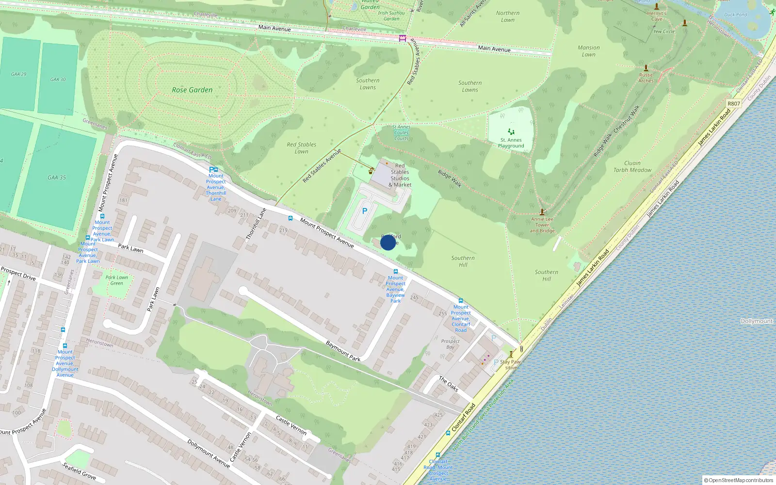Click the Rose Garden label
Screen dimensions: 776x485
pyautogui.click(x=192, y=90)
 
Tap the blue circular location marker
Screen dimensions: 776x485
pyautogui.click(x=388, y=242)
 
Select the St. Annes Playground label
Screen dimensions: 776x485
pyautogui.click(x=511, y=143)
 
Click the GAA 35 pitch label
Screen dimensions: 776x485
pyautogui.click(x=57, y=178)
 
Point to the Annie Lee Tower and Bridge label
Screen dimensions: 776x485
pyautogui.click(x=542, y=225)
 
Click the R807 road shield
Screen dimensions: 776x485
pyautogui.click(x=734, y=103)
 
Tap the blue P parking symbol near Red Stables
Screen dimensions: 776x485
pyautogui.click(x=365, y=211)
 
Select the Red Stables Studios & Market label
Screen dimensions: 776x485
pyautogui.click(x=400, y=175)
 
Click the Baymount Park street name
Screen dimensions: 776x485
pyautogui.click(x=343, y=351)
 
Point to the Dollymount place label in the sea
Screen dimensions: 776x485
pyautogui.click(x=757, y=321)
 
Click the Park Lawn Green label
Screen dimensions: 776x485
pyautogui.click(x=116, y=280)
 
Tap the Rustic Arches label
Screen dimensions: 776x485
pyautogui.click(x=646, y=78)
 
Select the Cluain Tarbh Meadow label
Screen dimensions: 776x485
pyautogui.click(x=632, y=166)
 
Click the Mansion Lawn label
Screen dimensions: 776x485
pyautogui.click(x=589, y=51)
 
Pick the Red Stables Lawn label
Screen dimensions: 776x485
pyautogui.click(x=301, y=148)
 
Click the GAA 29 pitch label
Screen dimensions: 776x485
pyautogui.click(x=19, y=74)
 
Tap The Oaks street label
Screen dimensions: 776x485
pyautogui.click(x=449, y=383)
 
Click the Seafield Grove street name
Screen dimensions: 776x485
pyautogui.click(x=79, y=471)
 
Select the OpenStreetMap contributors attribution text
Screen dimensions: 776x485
pyautogui.click(x=739, y=480)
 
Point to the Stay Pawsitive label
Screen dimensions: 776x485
pyautogui.click(x=510, y=364)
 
